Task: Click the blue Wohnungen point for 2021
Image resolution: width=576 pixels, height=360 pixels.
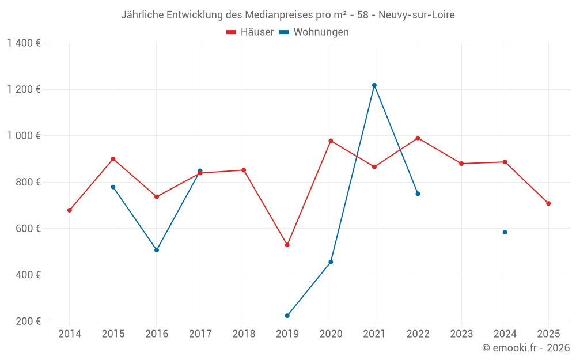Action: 374,85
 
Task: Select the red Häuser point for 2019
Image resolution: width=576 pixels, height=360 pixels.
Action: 287,245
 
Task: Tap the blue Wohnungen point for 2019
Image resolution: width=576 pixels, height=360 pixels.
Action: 287,316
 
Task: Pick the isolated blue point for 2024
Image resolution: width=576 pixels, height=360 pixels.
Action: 505,232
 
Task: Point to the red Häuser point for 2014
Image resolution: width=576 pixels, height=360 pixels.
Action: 70,210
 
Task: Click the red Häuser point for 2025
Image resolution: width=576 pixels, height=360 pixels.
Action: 548,203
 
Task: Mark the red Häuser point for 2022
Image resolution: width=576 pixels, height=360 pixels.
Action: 418,138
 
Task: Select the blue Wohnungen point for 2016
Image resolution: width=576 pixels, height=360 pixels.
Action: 157,250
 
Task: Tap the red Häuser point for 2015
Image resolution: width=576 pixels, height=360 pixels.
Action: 113,159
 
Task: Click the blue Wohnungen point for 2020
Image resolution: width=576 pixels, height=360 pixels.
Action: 331,262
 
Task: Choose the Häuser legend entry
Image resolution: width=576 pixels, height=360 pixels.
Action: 250,32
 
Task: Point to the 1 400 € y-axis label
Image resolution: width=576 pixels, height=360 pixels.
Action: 24,43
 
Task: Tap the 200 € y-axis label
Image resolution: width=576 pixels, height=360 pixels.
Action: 29,321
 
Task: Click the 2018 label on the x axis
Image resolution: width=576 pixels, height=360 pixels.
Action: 244,334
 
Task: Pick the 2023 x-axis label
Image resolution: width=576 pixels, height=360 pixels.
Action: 461,334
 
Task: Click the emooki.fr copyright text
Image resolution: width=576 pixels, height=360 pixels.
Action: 526,348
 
